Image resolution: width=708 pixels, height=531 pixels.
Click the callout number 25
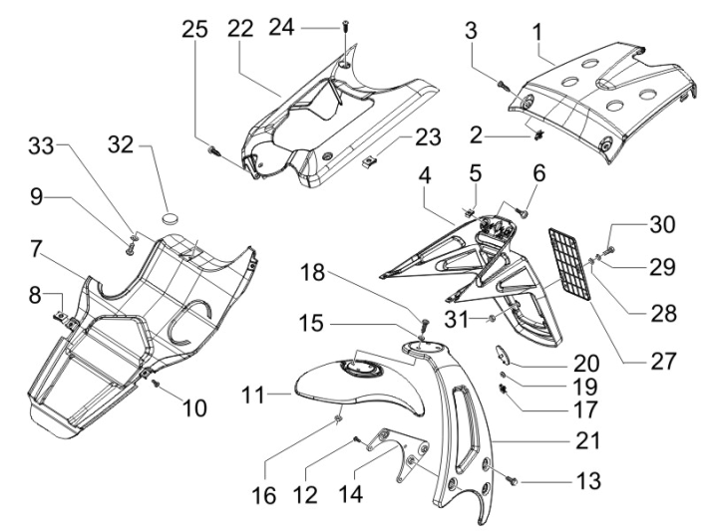[196, 30]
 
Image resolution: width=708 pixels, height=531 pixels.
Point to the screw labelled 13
[514, 480]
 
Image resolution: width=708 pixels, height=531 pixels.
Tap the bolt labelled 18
[423, 323]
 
